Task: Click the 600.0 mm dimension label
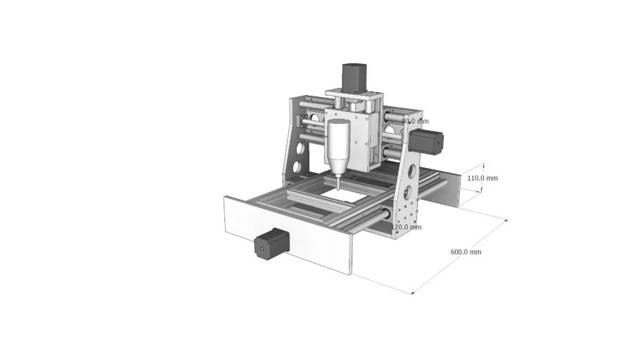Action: [x=466, y=252]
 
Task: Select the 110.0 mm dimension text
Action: [x=482, y=178]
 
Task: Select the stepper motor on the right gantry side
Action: [x=429, y=141]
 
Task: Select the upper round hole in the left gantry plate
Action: [x=300, y=150]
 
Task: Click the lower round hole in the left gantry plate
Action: [x=301, y=167]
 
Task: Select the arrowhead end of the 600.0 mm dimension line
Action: [x=506, y=220]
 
